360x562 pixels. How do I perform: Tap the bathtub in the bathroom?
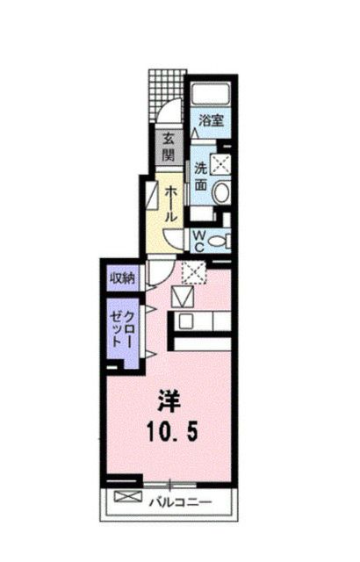pos(209,94)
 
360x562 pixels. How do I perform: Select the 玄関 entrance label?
pos(167,146)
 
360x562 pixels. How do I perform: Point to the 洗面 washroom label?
pos(200,177)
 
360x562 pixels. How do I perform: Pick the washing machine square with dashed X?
pos(221,162)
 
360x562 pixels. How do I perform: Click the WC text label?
pos(199,240)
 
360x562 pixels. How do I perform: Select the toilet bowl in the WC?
pos(220,240)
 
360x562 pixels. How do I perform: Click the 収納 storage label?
pos(122,278)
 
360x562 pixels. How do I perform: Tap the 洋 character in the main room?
pos(169,401)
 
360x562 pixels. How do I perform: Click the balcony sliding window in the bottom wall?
pos(171,484)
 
